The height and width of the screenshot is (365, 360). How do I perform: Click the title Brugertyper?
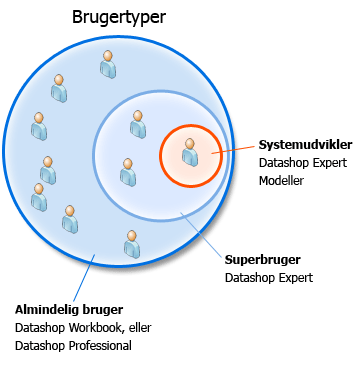coord(120,18)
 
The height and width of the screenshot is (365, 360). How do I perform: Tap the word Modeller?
coord(282,181)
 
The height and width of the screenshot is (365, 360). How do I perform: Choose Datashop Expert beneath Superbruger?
coord(269,278)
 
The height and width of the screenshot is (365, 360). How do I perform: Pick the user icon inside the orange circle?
coord(190,152)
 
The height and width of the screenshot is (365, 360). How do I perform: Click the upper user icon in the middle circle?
coord(138,124)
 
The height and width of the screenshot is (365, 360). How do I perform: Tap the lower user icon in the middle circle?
coord(128,172)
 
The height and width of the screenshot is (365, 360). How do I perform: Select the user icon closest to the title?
coord(107,64)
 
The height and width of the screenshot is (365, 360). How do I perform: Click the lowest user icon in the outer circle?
coord(132,243)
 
